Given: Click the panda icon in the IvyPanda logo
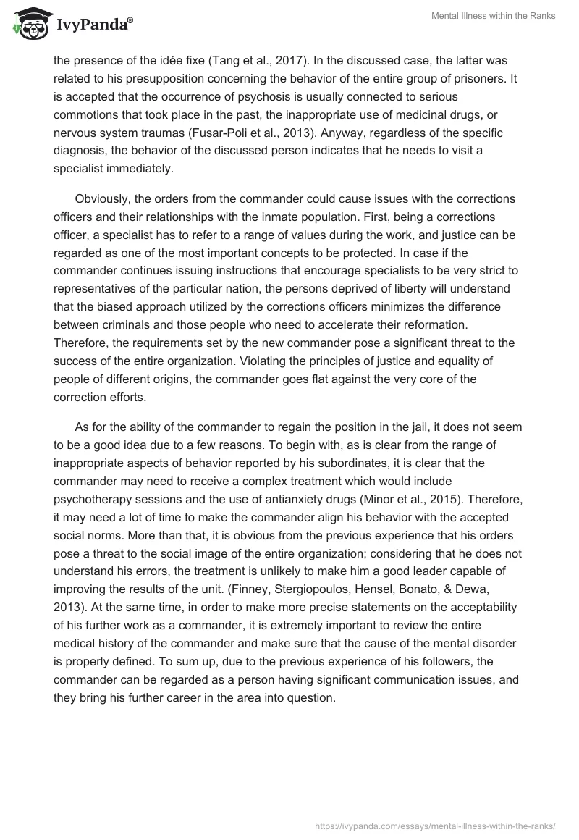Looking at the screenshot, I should (x=29, y=25).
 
